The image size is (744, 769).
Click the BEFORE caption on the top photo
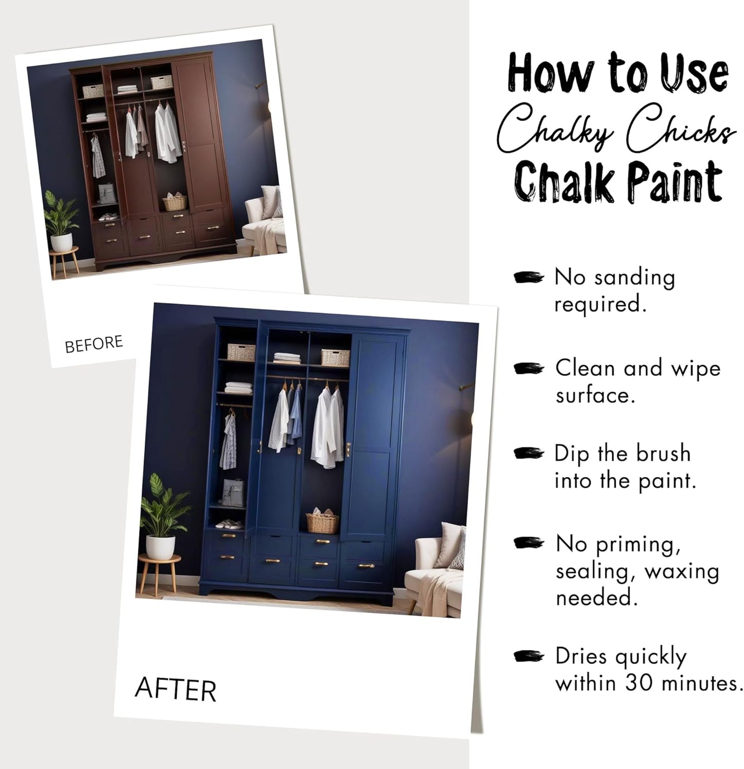[x=94, y=344]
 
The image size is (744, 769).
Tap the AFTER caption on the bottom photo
[x=175, y=690]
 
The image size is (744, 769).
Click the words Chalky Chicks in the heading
[x=615, y=129]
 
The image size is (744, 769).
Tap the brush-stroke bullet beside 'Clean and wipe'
[x=529, y=369]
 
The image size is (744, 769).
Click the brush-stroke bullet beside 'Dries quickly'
[x=529, y=656]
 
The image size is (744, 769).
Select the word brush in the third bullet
[x=663, y=454]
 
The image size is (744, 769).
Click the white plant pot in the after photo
[x=160, y=547]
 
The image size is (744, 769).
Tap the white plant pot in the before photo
[x=61, y=242]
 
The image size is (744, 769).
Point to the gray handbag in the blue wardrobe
[x=233, y=492]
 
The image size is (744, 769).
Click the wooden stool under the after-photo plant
[x=159, y=572]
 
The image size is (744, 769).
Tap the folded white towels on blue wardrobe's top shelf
[x=287, y=358]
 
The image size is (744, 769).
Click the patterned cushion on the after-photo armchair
[x=458, y=550]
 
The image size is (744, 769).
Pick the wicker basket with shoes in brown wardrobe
[x=175, y=202]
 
